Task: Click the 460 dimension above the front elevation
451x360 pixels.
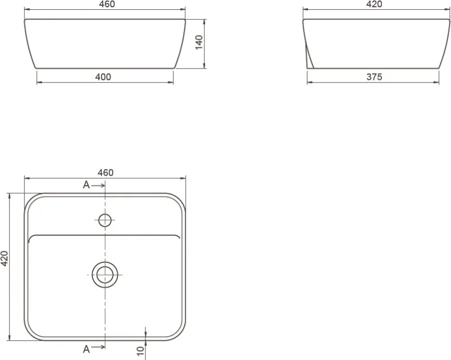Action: tap(107, 4)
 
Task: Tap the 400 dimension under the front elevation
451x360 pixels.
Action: tap(103, 77)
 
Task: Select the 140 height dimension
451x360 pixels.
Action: tap(199, 42)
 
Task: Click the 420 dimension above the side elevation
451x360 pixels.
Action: tap(374, 4)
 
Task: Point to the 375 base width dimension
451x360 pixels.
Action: tap(374, 77)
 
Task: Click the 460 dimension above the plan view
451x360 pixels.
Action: tap(105, 172)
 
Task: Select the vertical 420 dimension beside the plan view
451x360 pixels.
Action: tap(4, 258)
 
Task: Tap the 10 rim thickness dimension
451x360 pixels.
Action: tap(140, 351)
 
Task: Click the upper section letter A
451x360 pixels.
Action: tap(86, 185)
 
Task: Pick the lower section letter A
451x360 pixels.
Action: tap(86, 349)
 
